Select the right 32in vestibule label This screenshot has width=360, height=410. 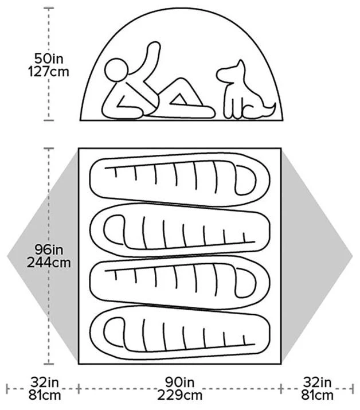coord(317,382)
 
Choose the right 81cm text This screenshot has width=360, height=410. coord(317,395)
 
